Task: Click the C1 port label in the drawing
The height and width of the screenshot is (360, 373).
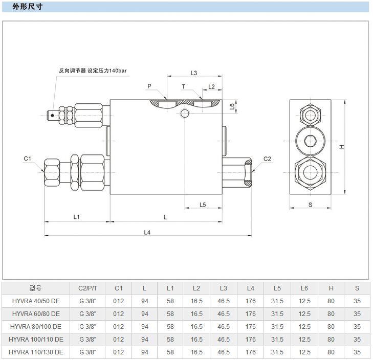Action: pos(28,159)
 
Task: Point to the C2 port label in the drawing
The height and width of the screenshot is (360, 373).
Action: pos(267,159)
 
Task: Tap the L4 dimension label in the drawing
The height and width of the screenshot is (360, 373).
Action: pos(147,232)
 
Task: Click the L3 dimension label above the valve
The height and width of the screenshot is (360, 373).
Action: pos(194,73)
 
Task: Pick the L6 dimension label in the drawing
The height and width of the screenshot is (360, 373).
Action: pos(232,106)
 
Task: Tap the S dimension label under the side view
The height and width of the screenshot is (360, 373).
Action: pos(311,205)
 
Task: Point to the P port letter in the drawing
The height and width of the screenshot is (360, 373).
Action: pos(149,86)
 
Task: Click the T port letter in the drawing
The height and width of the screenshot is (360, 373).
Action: pos(183,86)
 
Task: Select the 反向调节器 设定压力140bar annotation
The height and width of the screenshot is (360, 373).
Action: pos(93,71)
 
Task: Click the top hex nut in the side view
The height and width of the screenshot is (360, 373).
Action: pos(310,115)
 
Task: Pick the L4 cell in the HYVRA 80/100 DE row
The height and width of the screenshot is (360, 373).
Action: pos(250,327)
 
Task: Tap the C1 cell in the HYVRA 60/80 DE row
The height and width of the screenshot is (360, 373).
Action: pos(118,314)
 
